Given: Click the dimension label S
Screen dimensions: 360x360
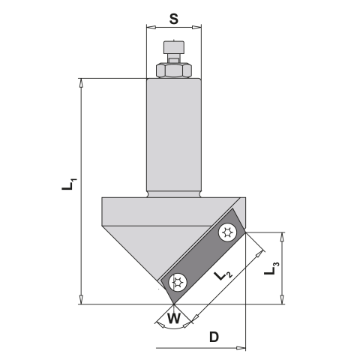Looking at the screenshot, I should coord(173,18).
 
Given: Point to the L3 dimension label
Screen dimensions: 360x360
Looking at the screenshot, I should coord(275,265).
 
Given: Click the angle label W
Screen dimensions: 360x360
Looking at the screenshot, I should coord(173,318).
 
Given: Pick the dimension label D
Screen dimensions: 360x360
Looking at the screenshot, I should coord(214,337).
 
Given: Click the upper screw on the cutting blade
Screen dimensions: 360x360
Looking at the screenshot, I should coord(227,234).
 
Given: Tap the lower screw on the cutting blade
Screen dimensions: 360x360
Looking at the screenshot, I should coord(178,283).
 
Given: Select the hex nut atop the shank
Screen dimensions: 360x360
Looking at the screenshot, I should coord(173,70).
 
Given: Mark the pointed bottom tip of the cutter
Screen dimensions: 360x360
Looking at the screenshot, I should coord(173,304).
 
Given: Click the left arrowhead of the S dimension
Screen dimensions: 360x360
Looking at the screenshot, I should coord(148,28).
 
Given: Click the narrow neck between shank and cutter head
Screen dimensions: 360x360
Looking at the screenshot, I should coord(173,193).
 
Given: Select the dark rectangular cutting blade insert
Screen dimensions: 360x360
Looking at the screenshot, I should coord(202,259).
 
